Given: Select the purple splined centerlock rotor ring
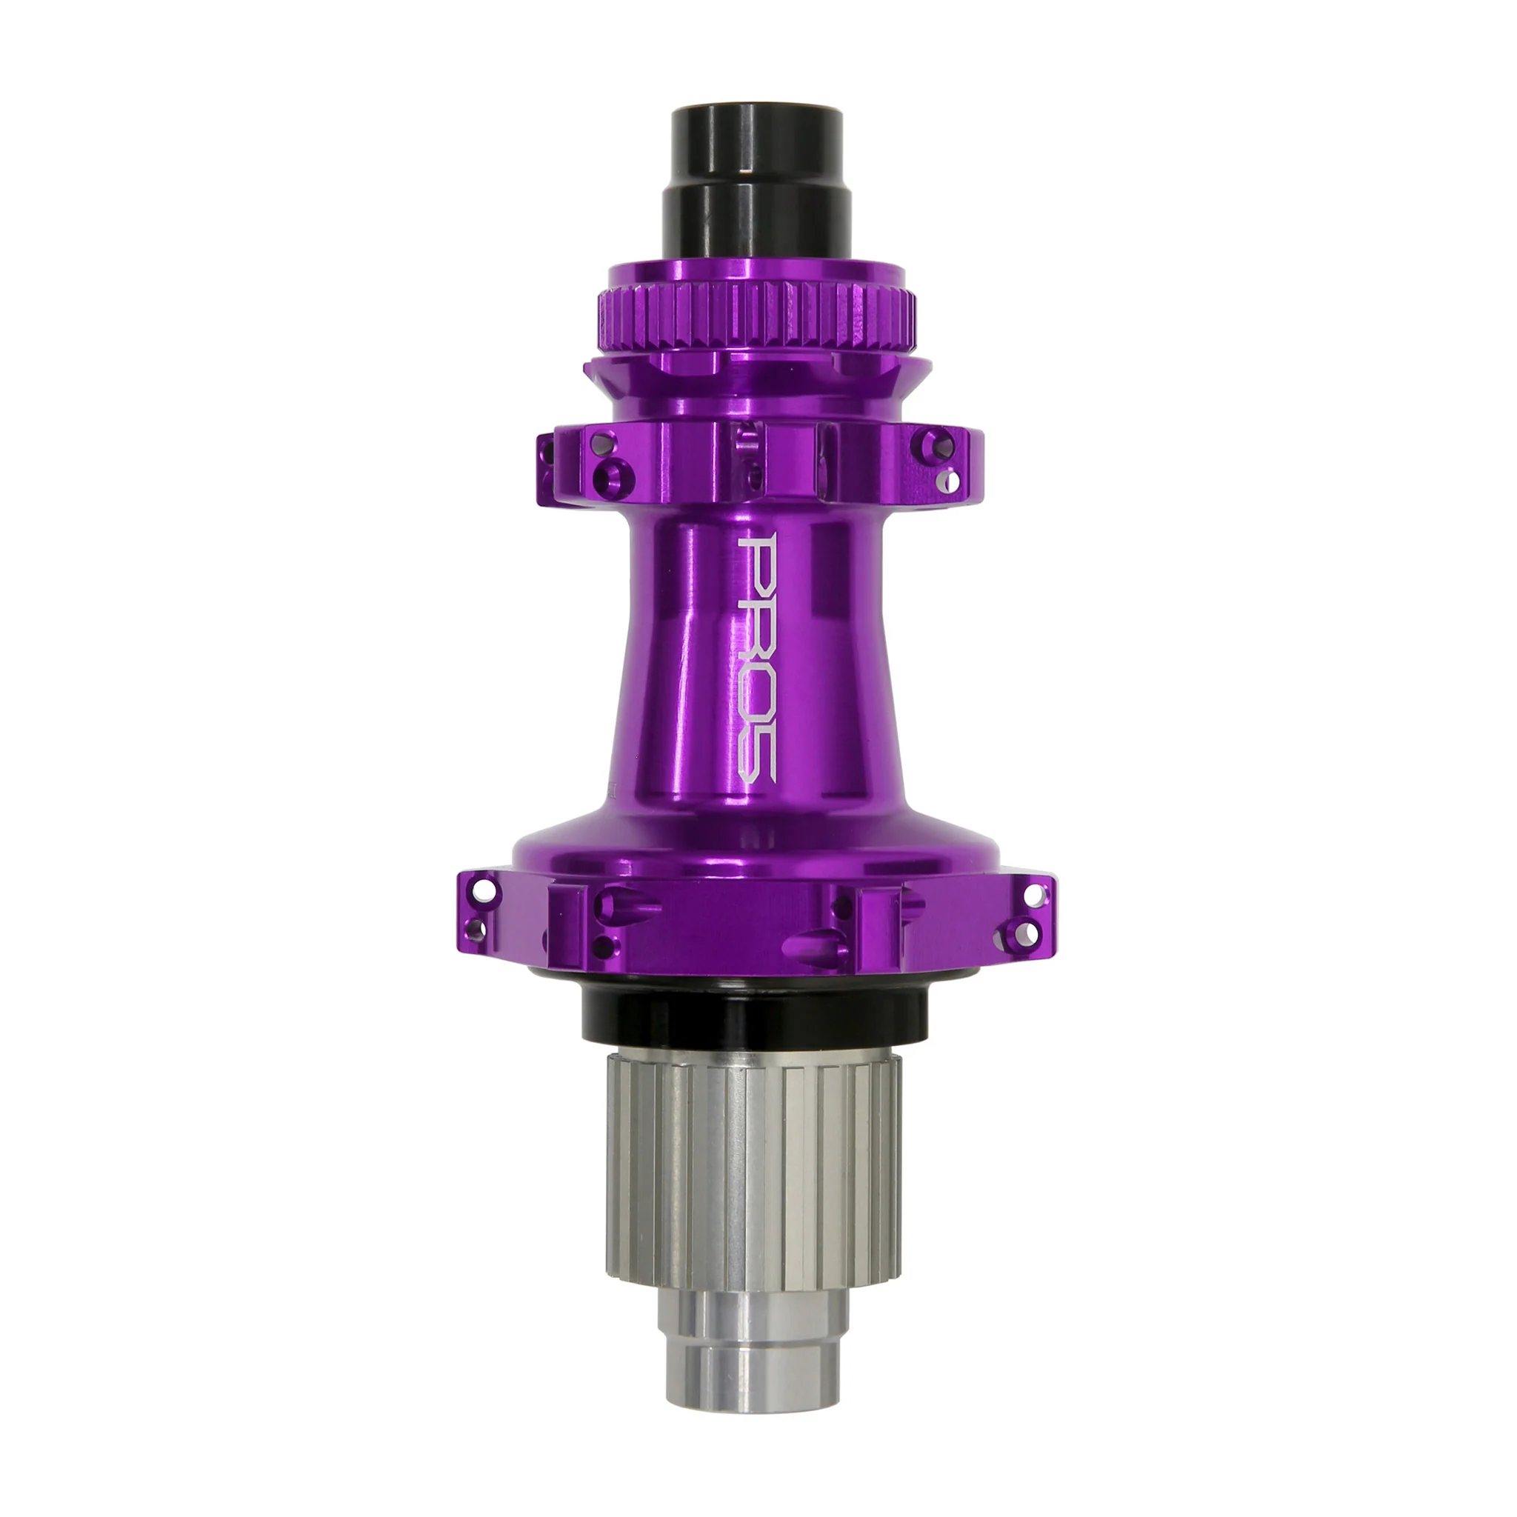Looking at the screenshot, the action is pos(758,318).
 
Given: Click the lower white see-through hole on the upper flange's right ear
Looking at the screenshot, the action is pos(951,479).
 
